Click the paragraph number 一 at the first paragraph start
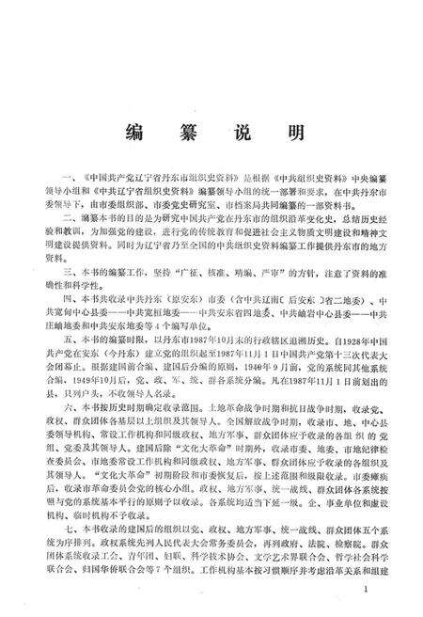coord(64,176)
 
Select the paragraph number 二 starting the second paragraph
coord(64,215)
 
